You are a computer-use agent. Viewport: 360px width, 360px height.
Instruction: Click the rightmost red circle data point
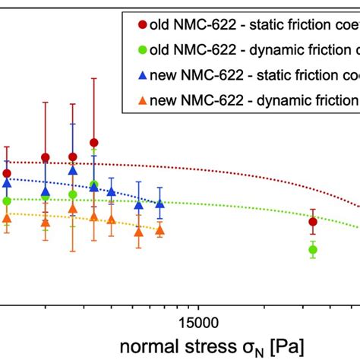[312, 222]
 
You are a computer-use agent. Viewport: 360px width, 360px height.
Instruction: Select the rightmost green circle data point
[312, 249]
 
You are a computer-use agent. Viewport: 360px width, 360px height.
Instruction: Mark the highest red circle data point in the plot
[93, 142]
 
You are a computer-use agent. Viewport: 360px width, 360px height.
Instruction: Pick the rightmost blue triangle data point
[159, 203]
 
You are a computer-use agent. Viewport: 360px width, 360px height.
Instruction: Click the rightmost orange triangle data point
[159, 229]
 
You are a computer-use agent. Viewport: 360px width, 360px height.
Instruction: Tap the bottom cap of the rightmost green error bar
[312, 259]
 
